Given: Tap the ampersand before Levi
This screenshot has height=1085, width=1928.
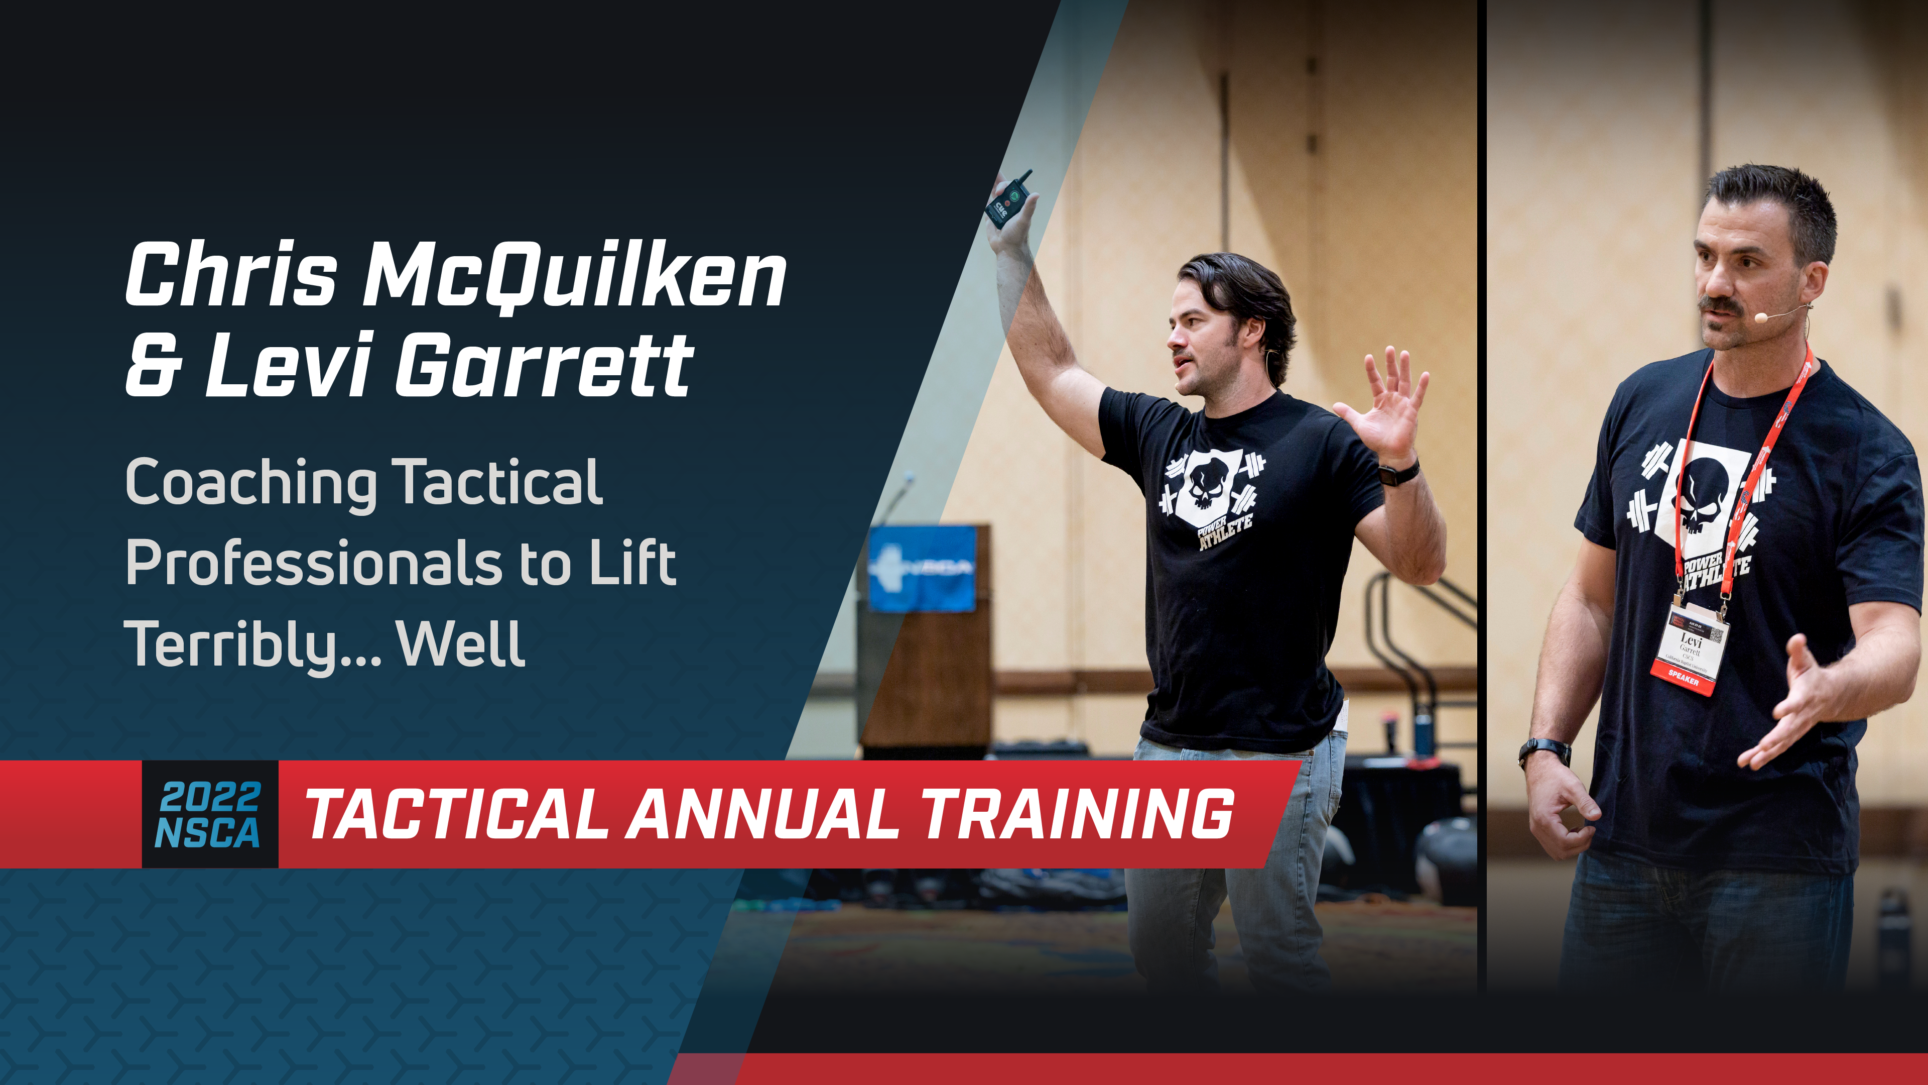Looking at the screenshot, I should [153, 367].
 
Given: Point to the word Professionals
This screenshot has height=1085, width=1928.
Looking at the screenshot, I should [313, 563].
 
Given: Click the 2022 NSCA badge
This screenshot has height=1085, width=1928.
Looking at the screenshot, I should [210, 815].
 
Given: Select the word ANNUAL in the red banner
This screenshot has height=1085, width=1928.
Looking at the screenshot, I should [761, 815].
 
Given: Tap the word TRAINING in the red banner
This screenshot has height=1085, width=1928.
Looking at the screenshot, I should [1078, 815].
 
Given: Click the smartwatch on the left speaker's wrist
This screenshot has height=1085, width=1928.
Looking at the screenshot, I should [1398, 473].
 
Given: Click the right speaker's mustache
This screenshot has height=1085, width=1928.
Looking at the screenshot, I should [1720, 305].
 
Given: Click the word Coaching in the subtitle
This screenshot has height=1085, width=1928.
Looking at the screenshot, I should [251, 483].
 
